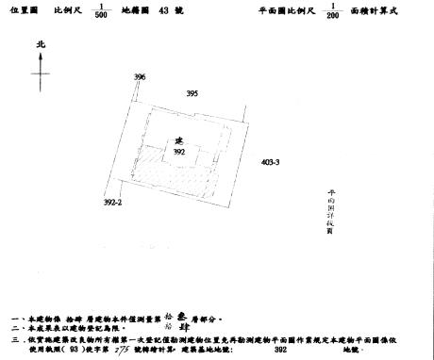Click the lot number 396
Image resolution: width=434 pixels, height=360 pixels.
click(140, 76)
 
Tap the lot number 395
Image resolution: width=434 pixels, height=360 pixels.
click(192, 93)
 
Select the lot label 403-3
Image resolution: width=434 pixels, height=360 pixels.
click(270, 162)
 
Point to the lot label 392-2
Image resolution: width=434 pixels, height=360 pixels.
click(113, 202)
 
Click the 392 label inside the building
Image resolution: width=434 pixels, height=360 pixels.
click(178, 151)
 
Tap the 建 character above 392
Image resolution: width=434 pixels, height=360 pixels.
click(177, 140)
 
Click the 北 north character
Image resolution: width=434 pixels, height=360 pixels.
click(40, 44)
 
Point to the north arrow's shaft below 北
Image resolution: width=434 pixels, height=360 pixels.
click(40, 71)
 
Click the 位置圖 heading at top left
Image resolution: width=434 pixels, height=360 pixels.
click(24, 10)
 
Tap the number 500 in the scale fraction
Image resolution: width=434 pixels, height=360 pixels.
click(100, 16)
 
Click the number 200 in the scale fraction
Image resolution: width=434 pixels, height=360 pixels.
click(331, 16)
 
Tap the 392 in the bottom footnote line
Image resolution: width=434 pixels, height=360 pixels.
click(279, 349)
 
